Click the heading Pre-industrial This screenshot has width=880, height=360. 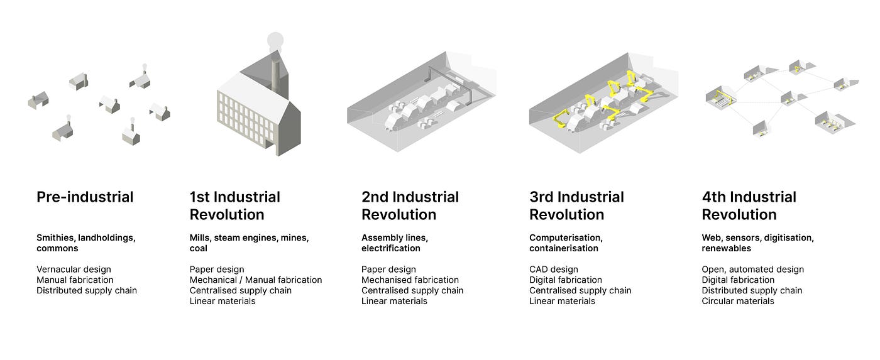pyautogui.click(x=85, y=197)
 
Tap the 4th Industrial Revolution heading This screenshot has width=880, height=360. pyautogui.click(x=749, y=205)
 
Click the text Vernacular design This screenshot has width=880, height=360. pyautogui.click(x=75, y=270)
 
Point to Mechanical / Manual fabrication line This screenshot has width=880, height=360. pyautogui.click(x=255, y=280)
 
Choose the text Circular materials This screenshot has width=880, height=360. pyautogui.click(x=737, y=301)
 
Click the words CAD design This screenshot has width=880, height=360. pyautogui.click(x=553, y=270)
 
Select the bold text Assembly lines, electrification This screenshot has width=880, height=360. pyautogui.click(x=395, y=243)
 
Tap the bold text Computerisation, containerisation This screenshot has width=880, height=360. pyautogui.click(x=566, y=243)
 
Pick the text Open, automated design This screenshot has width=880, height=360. pyautogui.click(x=752, y=270)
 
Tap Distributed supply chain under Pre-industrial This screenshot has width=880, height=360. pyautogui.click(x=86, y=291)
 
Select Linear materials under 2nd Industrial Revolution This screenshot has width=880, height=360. pyautogui.click(x=394, y=301)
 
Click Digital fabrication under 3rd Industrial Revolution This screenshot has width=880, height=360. pyautogui.click(x=565, y=280)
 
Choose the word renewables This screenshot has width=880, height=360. pyautogui.click(x=726, y=249)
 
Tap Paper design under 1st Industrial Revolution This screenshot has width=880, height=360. pyautogui.click(x=216, y=270)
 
